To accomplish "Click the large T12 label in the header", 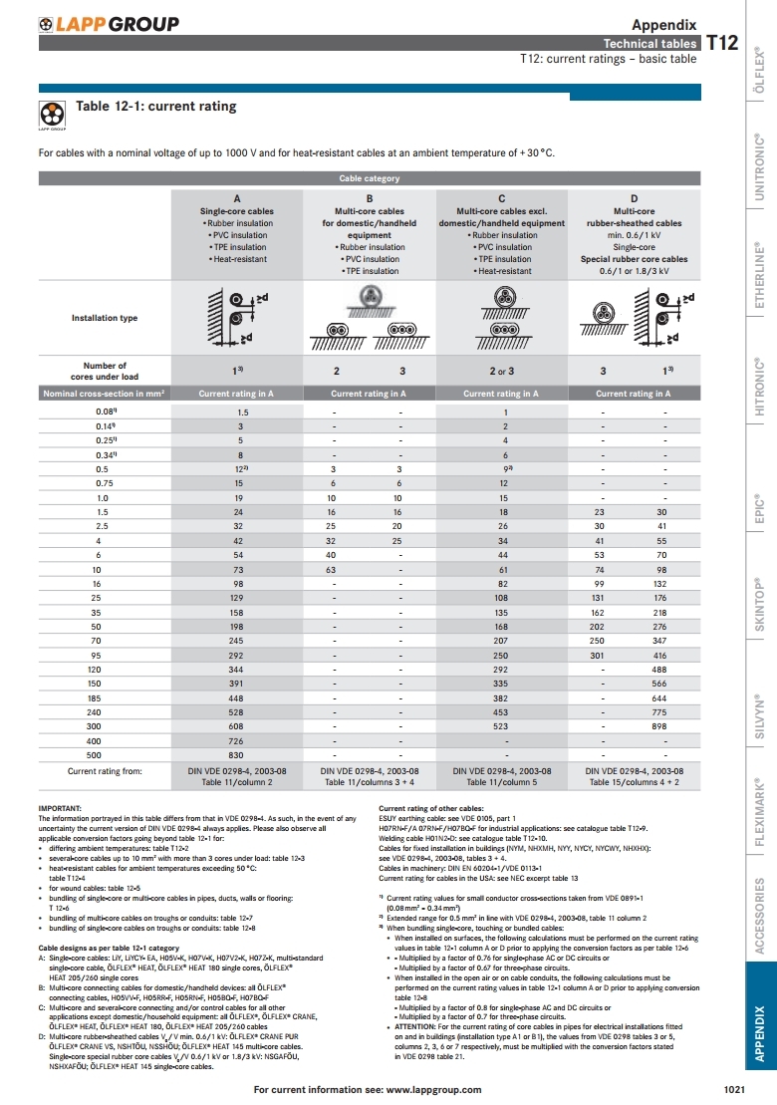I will pyautogui.click(x=722, y=42).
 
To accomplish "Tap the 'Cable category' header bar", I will pyautogui.click(x=370, y=178).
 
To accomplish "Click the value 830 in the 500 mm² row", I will pyautogui.click(x=237, y=757).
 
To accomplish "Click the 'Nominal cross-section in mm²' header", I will pyautogui.click(x=105, y=394).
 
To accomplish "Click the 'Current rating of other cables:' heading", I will pyautogui.click(x=431, y=808).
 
